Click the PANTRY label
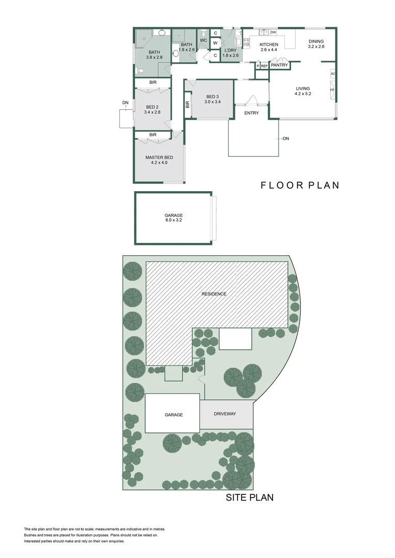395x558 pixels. [279, 66]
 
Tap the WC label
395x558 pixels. [203, 40]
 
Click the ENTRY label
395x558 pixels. [251, 113]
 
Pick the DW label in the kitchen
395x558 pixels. [272, 32]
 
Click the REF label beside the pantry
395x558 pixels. [264, 66]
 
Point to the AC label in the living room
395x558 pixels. [333, 74]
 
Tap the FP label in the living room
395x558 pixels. [333, 90]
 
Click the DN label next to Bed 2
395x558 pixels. [125, 103]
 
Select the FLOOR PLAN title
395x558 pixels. [300, 185]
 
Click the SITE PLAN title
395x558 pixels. [250, 498]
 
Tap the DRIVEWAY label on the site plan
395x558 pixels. [225, 414]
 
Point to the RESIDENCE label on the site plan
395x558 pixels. [214, 294]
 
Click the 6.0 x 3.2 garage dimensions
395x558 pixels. [174, 220]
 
